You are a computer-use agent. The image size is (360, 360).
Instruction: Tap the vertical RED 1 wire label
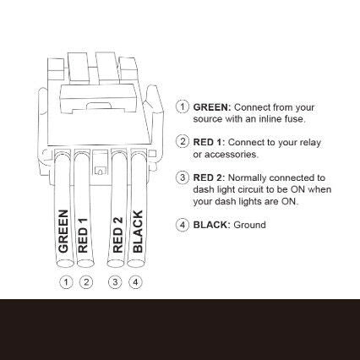(x=83, y=236)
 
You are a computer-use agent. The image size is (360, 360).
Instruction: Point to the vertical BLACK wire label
(x=138, y=233)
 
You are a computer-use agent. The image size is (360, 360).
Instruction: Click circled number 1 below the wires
(x=65, y=281)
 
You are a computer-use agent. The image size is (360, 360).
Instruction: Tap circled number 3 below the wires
(x=117, y=281)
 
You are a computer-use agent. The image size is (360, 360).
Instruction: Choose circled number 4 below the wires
(x=136, y=281)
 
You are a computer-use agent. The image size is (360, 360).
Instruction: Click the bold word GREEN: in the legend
(x=211, y=108)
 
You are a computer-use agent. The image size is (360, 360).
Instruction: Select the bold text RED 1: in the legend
(x=209, y=142)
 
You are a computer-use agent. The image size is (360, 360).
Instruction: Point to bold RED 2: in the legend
(x=209, y=178)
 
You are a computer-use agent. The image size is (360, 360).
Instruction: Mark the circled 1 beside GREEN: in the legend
(x=183, y=107)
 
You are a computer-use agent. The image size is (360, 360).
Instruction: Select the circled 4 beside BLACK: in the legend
(x=183, y=225)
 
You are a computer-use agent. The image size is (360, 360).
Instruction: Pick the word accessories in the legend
(x=233, y=155)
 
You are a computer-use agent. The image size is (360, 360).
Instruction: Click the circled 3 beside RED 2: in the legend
(x=183, y=178)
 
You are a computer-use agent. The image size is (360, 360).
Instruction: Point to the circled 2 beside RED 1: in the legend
(x=183, y=142)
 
